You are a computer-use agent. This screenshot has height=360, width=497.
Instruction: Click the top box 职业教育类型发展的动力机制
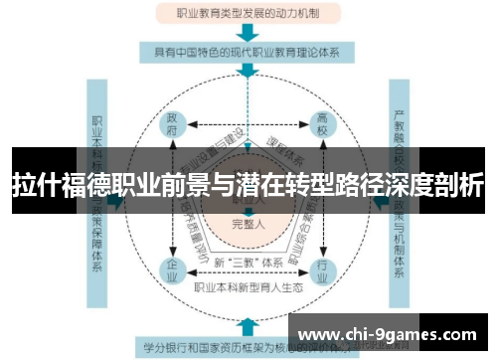[x=248, y=14]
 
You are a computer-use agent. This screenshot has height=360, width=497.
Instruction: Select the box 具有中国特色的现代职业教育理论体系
[x=248, y=53]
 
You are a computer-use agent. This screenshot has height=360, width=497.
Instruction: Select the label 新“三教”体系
[x=248, y=263]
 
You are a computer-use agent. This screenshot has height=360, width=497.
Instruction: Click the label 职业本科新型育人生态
[x=248, y=287]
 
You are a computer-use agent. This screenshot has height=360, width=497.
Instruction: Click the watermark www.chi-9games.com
[x=392, y=332]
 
